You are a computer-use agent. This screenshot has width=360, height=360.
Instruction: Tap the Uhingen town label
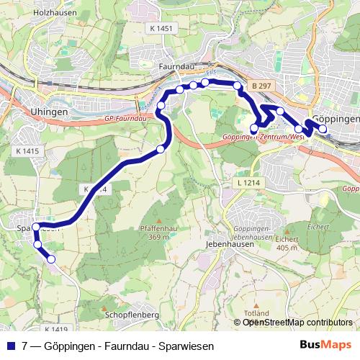tap(50, 112)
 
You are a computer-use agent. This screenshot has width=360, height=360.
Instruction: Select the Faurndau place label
tap(173, 66)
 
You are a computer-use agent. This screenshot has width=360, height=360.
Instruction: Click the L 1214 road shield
tap(247, 184)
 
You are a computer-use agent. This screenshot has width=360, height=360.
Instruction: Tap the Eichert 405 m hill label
tap(286, 243)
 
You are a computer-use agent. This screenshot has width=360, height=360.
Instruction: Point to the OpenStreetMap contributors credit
tap(297, 323)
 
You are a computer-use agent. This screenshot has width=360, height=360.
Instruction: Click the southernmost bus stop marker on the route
tap(51, 259)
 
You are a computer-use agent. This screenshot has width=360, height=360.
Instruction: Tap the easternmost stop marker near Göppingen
tap(322, 130)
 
